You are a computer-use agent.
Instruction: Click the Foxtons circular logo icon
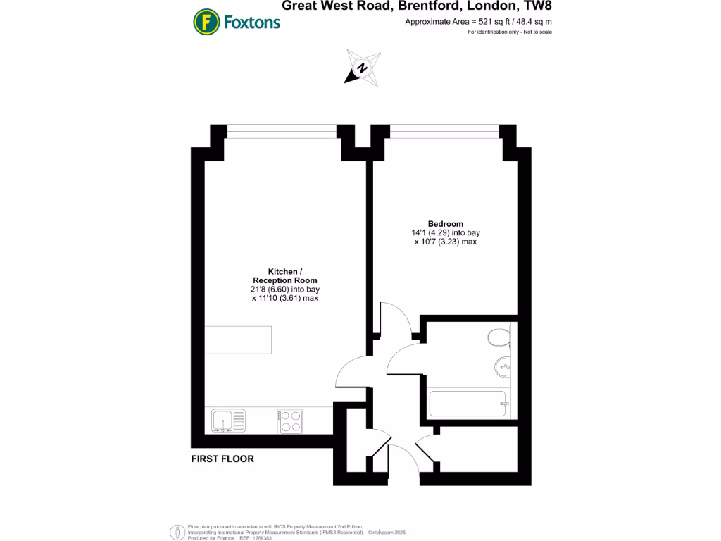207,22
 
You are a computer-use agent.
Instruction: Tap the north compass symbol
362,68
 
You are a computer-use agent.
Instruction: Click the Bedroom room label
446,223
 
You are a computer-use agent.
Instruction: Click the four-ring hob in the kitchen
289,421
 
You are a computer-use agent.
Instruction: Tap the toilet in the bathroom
499,339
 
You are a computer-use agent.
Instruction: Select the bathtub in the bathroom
468,404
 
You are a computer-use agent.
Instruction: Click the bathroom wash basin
503,366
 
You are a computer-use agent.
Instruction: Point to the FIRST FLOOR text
222,459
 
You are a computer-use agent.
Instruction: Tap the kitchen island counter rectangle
237,340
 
